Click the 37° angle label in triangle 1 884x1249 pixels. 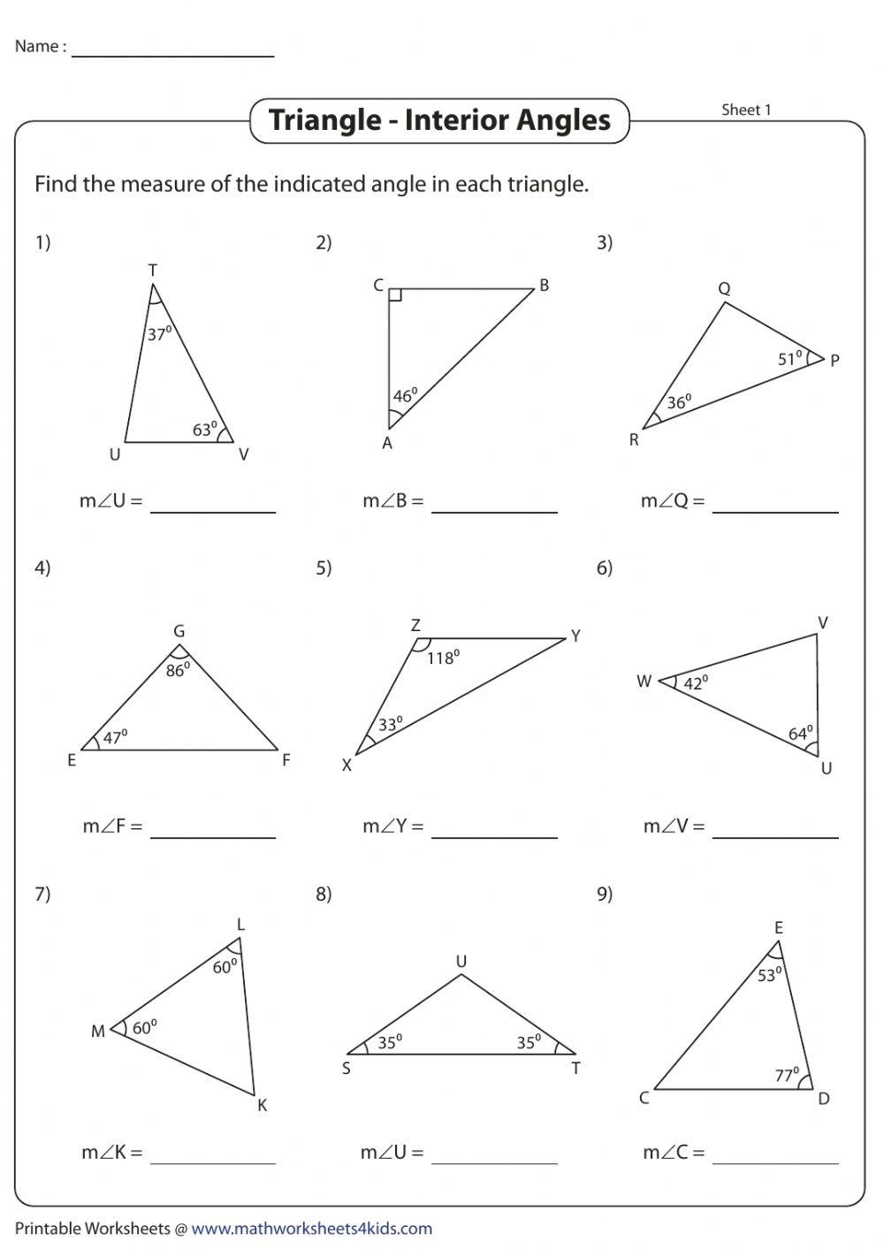point(158,334)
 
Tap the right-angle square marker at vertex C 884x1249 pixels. point(395,295)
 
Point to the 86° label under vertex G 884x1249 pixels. point(178,670)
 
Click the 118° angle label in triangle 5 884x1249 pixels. point(442,658)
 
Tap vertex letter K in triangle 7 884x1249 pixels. point(262,1105)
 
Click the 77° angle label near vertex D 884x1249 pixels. point(786,1076)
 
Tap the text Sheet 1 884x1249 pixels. point(746,110)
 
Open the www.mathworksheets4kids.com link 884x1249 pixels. point(311,1229)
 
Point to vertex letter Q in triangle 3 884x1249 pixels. point(724,289)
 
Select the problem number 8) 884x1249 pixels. point(324,894)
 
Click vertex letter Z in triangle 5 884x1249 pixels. point(415,626)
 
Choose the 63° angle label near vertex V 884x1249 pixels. point(205,430)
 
